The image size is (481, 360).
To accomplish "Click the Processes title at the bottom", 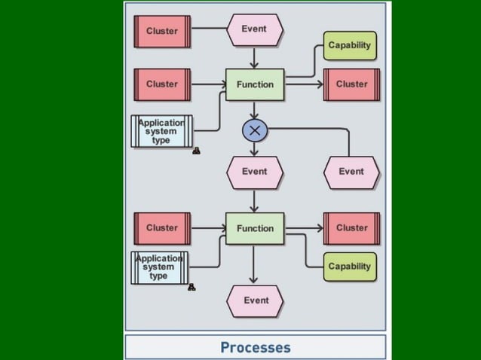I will (x=255, y=347).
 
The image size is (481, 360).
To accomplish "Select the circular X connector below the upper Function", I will (x=255, y=130).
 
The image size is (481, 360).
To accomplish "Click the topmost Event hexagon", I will (x=255, y=29).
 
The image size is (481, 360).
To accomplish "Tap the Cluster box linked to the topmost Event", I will (x=162, y=31).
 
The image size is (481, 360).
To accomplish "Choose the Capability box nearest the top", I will (x=349, y=45).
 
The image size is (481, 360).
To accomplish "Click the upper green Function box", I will (x=255, y=84).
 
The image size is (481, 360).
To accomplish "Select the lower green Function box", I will (x=255, y=228).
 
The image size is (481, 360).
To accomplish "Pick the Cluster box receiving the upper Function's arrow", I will (x=351, y=84).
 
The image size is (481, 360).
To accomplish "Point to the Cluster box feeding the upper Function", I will (x=162, y=84).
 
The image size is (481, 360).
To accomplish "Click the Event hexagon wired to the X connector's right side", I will (x=351, y=172).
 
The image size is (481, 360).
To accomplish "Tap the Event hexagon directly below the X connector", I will (x=255, y=172).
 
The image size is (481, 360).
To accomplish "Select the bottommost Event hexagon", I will (x=256, y=301).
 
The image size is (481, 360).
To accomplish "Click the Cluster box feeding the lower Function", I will (x=162, y=228).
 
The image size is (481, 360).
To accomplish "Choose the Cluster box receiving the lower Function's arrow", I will (x=351, y=228).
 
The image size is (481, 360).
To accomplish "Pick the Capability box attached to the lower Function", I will (x=349, y=267).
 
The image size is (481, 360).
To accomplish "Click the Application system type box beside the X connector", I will (x=161, y=131).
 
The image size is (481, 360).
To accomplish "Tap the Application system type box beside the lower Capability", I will (x=159, y=267).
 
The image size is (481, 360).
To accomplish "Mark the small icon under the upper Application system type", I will (x=196, y=151).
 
